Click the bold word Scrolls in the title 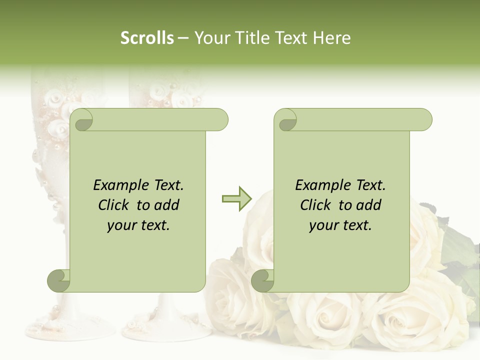point(147,38)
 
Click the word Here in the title point(332,38)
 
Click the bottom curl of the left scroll point(59,280)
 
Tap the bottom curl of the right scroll point(263,280)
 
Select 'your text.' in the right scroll point(340,225)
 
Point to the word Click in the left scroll point(114,205)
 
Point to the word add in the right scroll point(369,205)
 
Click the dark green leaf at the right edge point(462,250)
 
